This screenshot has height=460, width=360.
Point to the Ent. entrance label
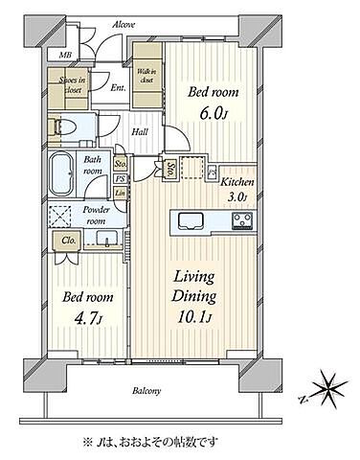[118, 89]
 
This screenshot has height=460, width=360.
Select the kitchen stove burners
[240, 220]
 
